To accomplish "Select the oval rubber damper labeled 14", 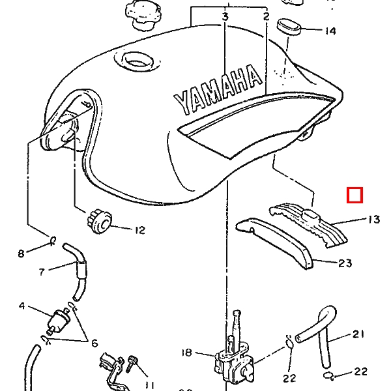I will pos(289,27).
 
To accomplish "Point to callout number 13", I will pos(373,220).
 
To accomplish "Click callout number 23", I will pos(345,263).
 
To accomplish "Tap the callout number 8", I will pos(21,253).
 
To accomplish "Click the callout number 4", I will pos(22,306).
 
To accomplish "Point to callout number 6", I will pos(94,343).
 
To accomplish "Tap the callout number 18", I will pos(187,353).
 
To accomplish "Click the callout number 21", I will pos(358,335).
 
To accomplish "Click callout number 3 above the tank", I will pos(225,16).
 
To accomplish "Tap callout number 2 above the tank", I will pos(266,16).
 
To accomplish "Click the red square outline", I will pos(355,195).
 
